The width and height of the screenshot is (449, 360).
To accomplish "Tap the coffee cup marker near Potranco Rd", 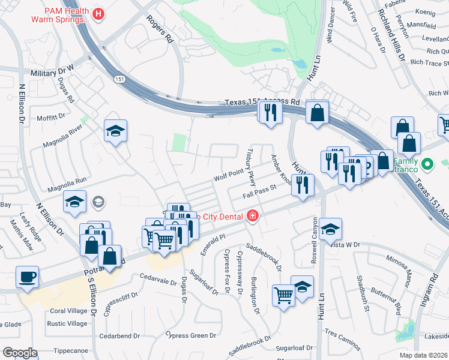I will pyautogui.click(x=27, y=277).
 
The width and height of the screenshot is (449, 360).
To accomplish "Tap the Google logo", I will pyautogui.click(x=19, y=352).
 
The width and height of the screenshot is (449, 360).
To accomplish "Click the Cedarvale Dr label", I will pyautogui.click(x=156, y=277).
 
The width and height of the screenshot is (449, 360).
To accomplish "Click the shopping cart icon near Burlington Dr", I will pyautogui.click(x=283, y=294).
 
